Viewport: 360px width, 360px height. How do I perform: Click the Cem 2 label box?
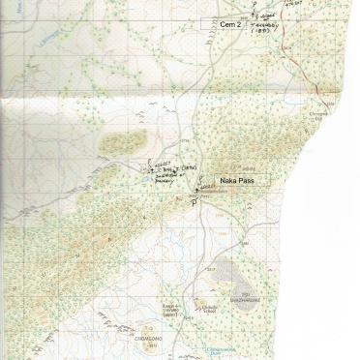click(x=228, y=22)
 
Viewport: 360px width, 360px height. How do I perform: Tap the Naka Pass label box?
click(x=236, y=180)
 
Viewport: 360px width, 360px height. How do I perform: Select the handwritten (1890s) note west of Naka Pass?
click(x=190, y=167)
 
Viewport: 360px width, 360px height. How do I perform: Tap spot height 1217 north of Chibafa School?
click(x=206, y=270)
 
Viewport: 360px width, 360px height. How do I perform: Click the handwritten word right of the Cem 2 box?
click(x=267, y=19)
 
